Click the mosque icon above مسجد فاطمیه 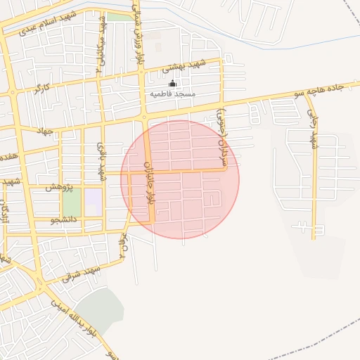(x=172, y=84)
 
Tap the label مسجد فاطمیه (x=173, y=94)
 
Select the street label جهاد (x=46, y=130)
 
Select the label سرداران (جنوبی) (x=223, y=139)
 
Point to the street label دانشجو (x=64, y=220)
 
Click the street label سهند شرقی (x=81, y=273)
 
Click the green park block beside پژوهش (x=71, y=202)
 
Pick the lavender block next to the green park (x=93, y=202)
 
